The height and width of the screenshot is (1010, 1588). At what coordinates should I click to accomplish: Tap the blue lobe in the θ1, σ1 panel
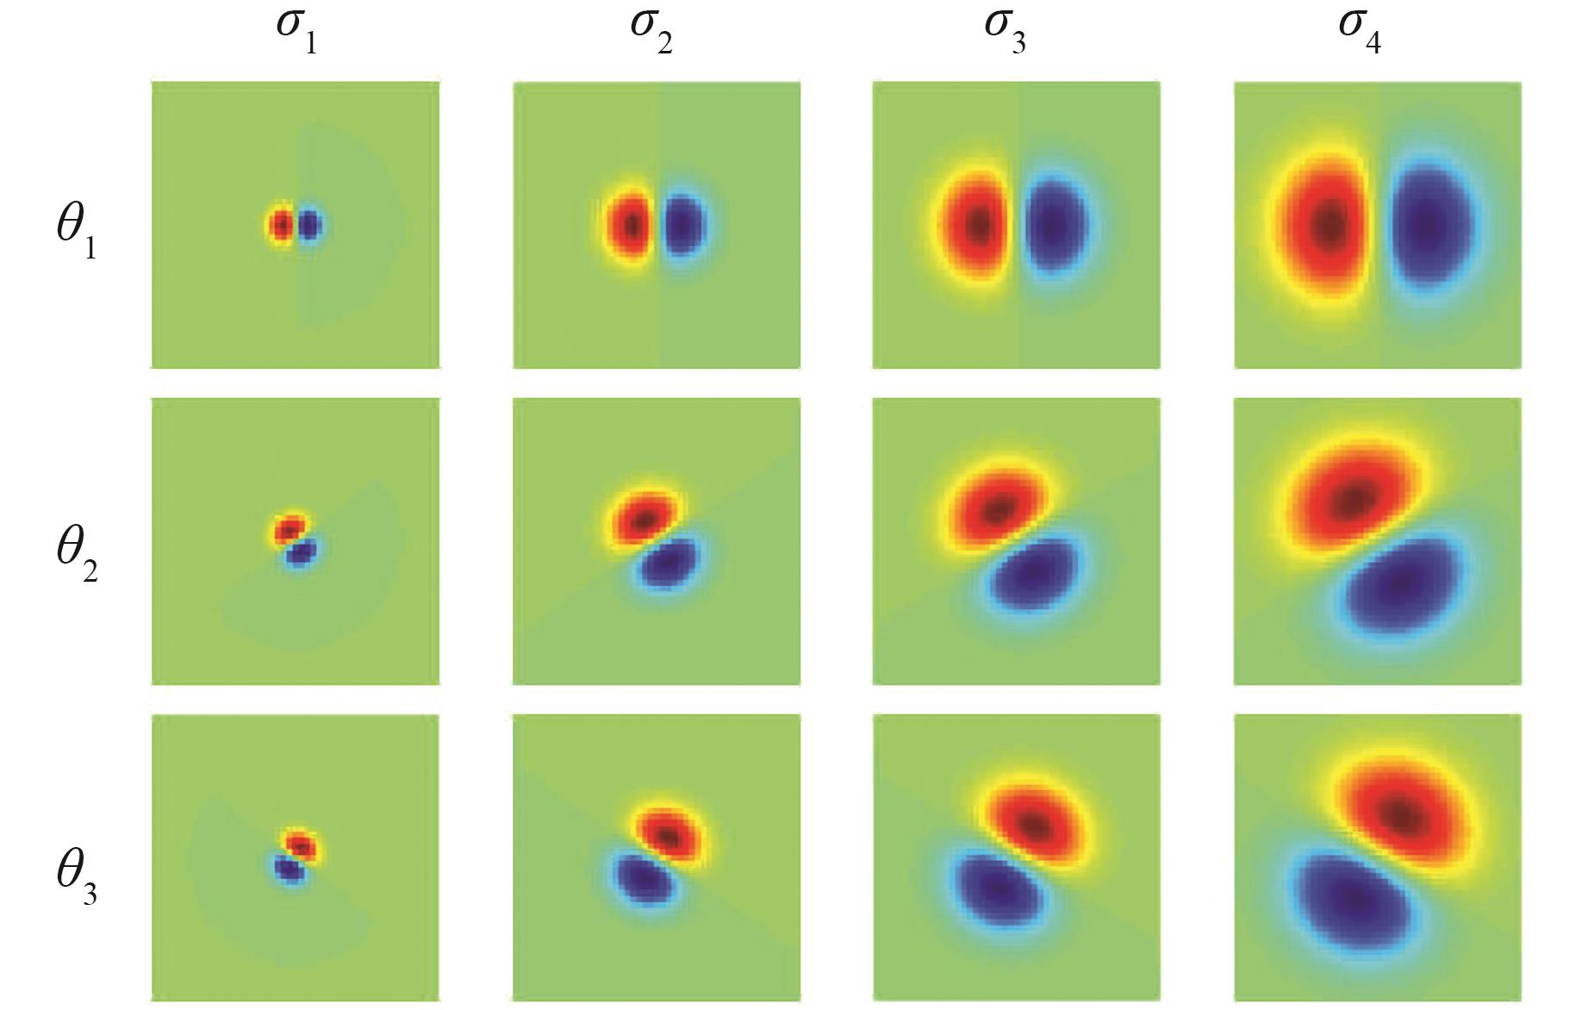(x=309, y=227)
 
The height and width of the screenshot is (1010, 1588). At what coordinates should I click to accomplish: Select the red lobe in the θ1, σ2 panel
(x=632, y=226)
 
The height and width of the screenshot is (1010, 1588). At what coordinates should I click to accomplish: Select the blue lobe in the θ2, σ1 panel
(x=300, y=552)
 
